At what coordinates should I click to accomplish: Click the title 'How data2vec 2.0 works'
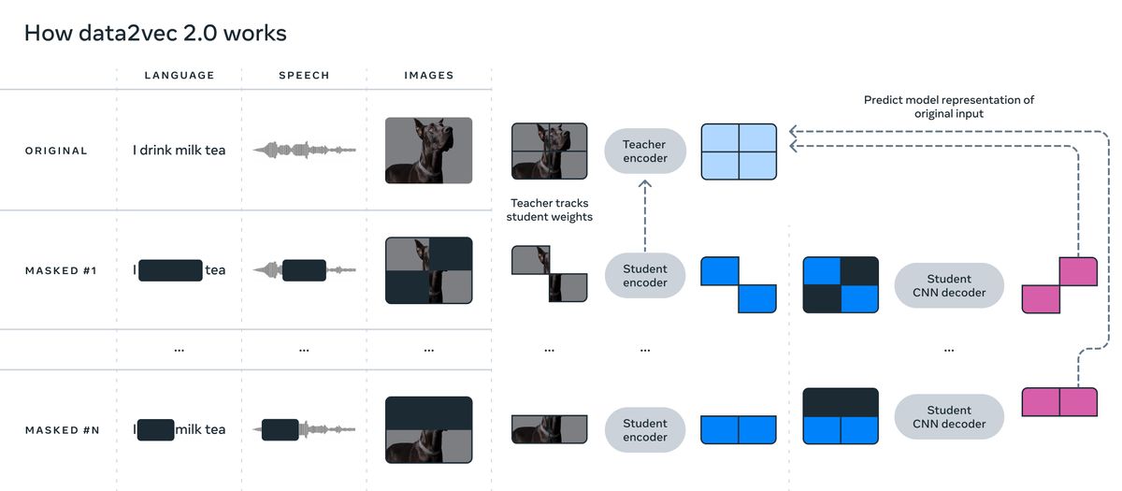pos(155,33)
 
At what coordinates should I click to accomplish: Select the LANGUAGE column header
pos(180,75)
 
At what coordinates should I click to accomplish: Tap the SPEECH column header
pos(304,75)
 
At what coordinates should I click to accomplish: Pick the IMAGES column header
pos(429,75)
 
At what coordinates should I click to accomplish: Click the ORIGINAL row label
pos(56,151)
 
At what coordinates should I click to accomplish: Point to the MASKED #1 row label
pos(61,270)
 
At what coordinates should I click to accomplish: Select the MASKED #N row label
pos(62,430)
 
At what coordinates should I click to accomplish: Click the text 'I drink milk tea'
pos(179,150)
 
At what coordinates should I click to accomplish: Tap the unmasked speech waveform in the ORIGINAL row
pos(304,150)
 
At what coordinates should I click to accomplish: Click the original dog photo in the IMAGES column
pos(429,151)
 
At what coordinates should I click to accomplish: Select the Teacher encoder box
pos(644,151)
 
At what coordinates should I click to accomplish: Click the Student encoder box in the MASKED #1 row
pos(644,276)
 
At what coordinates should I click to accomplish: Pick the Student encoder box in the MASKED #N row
pos(644,430)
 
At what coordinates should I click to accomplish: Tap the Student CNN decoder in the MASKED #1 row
pos(949,285)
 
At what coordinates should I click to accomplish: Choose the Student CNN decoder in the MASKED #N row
pos(949,417)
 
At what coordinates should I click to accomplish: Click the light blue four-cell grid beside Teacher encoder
pos(739,152)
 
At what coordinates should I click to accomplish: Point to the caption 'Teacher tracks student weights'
pos(550,209)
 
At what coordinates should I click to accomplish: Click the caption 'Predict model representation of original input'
pos(949,107)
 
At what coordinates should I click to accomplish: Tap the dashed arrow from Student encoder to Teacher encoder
pos(644,215)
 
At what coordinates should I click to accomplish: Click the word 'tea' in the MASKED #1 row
pos(215,270)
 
